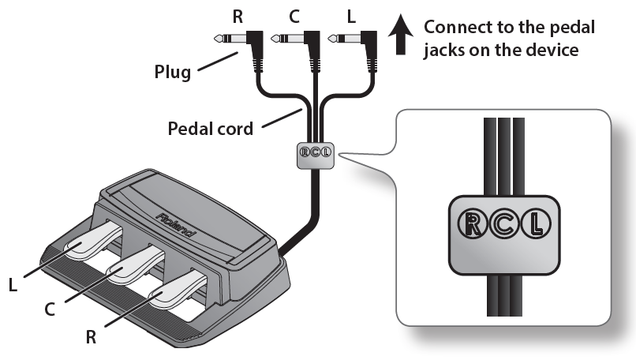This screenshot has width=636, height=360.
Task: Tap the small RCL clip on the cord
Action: pyautogui.click(x=314, y=156)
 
